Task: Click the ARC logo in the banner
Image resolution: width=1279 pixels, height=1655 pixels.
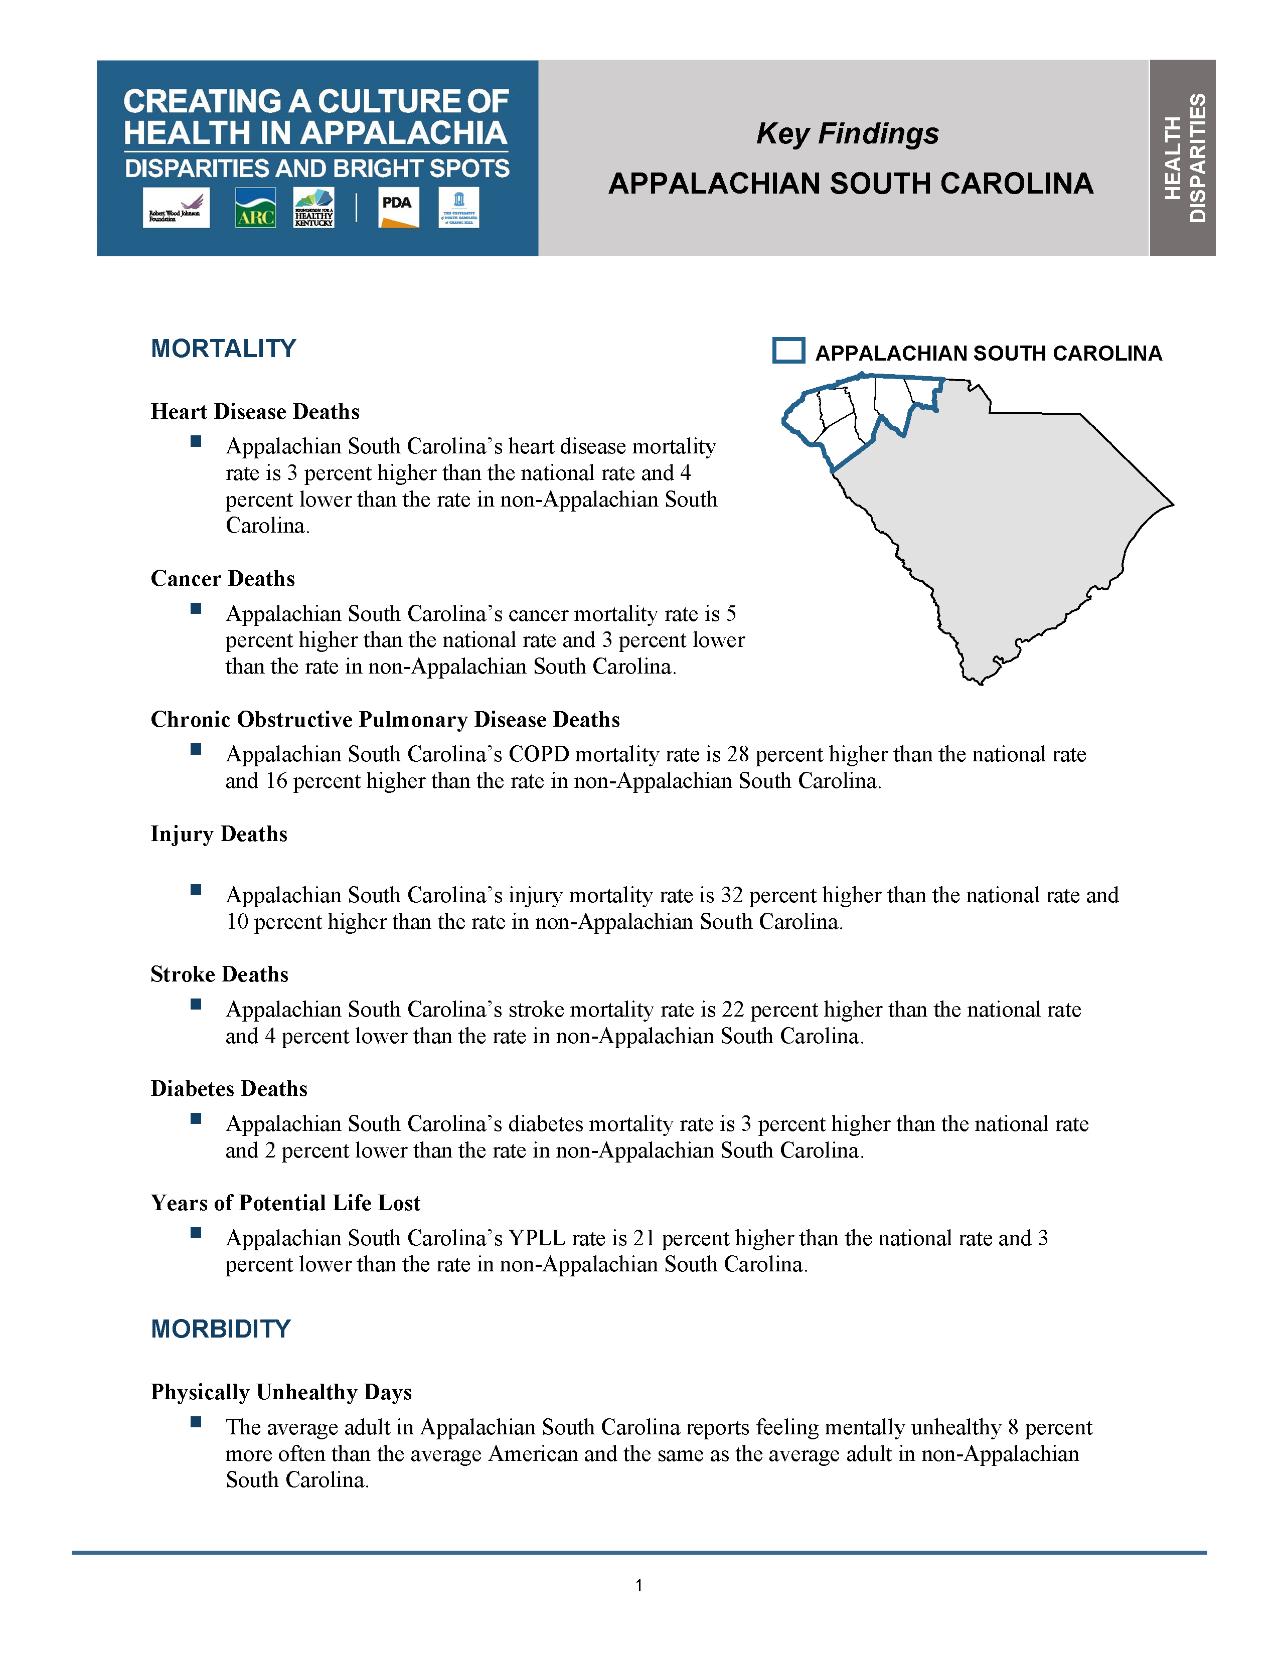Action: click(255, 208)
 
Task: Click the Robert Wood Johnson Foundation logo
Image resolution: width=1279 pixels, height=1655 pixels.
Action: click(176, 208)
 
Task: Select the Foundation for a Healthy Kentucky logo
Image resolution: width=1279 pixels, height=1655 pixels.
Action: click(313, 208)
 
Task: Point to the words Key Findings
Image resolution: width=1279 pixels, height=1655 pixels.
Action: click(847, 134)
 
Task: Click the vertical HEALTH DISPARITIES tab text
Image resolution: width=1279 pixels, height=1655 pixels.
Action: click(1184, 157)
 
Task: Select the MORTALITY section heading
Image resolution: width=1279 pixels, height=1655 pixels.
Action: click(224, 349)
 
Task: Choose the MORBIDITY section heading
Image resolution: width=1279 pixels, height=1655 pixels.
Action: click(221, 1329)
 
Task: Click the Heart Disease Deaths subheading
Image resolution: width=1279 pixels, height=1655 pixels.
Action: click(255, 411)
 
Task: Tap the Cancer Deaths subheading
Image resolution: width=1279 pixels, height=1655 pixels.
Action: click(223, 579)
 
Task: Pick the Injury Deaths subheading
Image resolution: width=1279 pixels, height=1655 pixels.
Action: click(219, 835)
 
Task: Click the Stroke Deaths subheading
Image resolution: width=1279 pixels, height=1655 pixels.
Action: click(220, 974)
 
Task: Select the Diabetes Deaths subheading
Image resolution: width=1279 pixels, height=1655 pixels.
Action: click(229, 1089)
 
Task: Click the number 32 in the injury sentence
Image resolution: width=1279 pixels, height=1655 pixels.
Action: click(731, 896)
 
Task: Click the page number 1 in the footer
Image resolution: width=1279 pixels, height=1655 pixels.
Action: click(638, 1585)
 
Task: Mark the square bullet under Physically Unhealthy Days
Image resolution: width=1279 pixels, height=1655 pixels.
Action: click(196, 1422)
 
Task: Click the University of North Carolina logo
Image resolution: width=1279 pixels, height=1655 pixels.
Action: click(459, 208)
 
